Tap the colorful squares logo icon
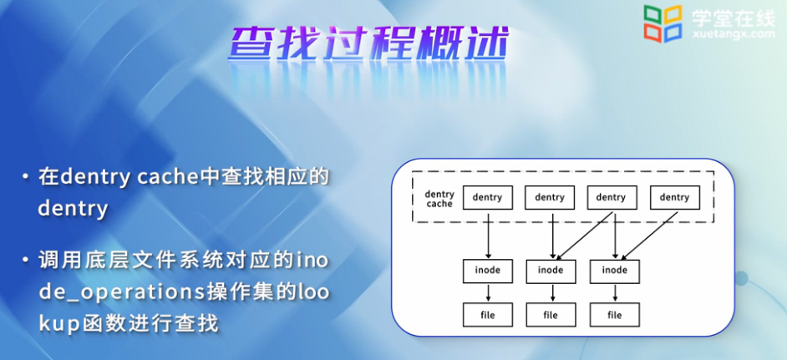[x=662, y=23]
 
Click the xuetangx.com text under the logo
[x=733, y=35]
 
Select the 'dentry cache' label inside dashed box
[x=439, y=199]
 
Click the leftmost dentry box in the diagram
[x=487, y=198]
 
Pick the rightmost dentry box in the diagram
[x=674, y=198]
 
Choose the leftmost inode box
[x=487, y=271]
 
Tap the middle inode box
[x=551, y=271]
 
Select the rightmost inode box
[x=614, y=271]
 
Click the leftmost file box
[x=487, y=315]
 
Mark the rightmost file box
[x=614, y=315]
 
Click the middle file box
[x=551, y=315]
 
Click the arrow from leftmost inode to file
[x=487, y=292]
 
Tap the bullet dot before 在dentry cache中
[x=27, y=179]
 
